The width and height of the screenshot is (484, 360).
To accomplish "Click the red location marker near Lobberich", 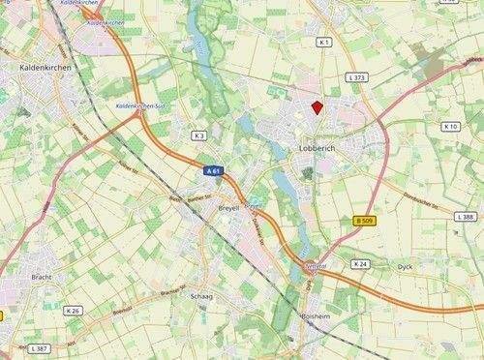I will pyautogui.click(x=317, y=107).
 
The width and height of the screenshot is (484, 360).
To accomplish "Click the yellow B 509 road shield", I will pyautogui.click(x=364, y=221).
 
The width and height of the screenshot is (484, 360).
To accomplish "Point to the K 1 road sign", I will pyautogui.click(x=324, y=43).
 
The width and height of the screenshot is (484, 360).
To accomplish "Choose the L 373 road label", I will pyautogui.click(x=359, y=77).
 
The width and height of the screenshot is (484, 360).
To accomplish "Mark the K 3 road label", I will pyautogui.click(x=199, y=135).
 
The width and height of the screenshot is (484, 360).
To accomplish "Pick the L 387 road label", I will pyautogui.click(x=39, y=347).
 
